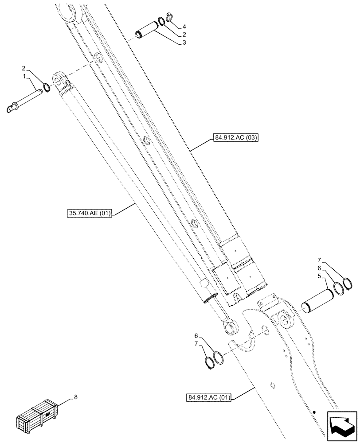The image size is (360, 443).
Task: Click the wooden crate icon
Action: pos(37,415)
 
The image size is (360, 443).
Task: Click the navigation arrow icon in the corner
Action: pos(341,425)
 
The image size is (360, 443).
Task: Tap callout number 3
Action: pos(179,43)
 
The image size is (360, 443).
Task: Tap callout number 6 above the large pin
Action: pos(319,268)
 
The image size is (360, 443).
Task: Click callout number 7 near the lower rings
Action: pos(195,344)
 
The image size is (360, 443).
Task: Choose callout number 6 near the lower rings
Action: pos(195,335)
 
